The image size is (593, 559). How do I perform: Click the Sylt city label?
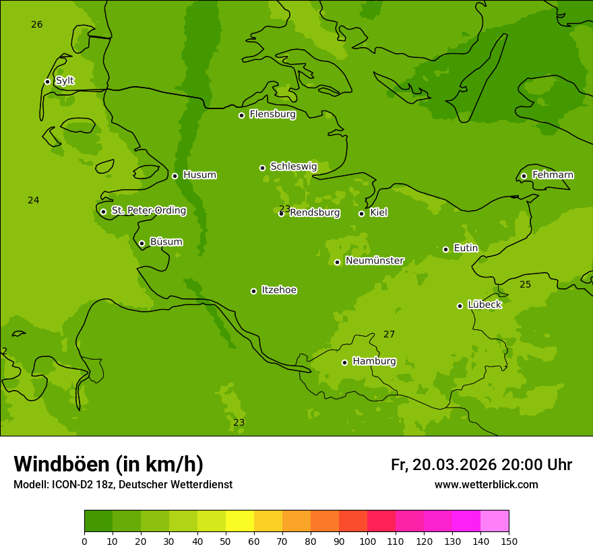(65, 81)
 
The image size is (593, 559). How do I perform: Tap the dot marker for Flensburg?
(241, 115)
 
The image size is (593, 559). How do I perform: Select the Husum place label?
(199, 175)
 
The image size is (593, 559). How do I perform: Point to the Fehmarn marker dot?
(524, 176)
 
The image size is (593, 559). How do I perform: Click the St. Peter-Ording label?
(148, 211)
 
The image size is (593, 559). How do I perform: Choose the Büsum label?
(166, 242)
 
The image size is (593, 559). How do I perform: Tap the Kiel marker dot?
(361, 213)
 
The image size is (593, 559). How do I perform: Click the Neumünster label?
(374, 261)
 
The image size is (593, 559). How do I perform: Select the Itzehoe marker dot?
(253, 291)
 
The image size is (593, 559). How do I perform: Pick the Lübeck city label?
(484, 304)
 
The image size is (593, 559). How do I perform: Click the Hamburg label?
(374, 361)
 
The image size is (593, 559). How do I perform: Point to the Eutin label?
(466, 249)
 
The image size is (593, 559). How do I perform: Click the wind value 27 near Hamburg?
(389, 334)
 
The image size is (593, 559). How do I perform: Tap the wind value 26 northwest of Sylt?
(36, 24)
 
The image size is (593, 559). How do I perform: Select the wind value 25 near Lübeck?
(525, 284)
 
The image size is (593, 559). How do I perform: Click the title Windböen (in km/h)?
(108, 464)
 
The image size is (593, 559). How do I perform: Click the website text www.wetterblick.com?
(486, 484)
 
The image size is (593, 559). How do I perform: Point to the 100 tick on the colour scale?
(367, 541)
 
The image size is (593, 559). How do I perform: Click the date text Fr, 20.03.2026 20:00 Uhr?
(481, 465)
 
